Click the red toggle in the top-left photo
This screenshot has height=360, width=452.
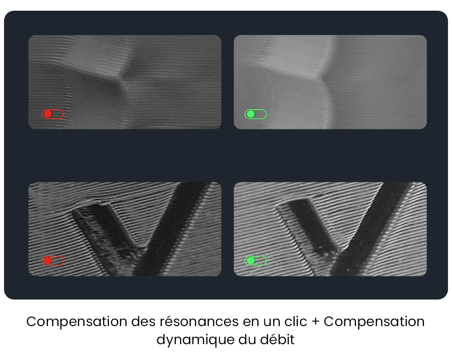coord(52,114)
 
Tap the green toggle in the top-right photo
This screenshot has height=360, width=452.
coord(255,114)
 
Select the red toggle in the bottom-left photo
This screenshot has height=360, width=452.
coord(52,261)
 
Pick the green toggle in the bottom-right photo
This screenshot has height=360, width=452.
coord(255,261)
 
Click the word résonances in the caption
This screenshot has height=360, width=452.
coord(199,322)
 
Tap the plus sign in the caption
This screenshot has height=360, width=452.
coord(315,322)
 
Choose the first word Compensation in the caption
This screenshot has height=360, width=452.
coord(77,322)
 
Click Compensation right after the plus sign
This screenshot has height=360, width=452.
coord(374,322)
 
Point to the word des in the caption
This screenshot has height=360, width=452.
coord(143,322)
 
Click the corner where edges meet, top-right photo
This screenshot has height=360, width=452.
coord(322,77)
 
